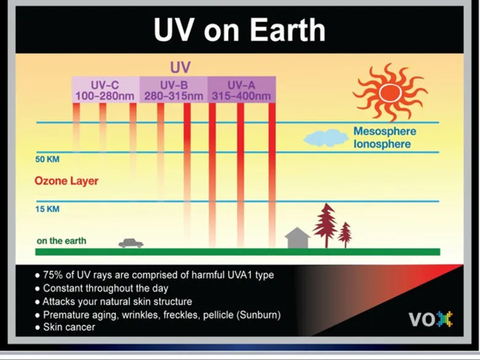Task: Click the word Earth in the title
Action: click(288, 30)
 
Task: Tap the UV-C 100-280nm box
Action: click(106, 89)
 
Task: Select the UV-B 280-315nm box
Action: click(174, 89)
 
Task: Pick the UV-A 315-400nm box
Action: click(242, 89)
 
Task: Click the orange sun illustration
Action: click(390, 92)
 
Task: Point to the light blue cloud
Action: click(326, 138)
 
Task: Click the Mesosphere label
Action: click(385, 131)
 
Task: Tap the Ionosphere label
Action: click(382, 144)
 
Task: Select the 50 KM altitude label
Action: click(47, 159)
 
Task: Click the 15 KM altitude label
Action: click(47, 209)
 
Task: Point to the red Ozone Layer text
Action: click(66, 181)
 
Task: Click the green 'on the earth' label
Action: click(61, 241)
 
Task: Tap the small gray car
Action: click(131, 243)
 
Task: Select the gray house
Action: click(297, 238)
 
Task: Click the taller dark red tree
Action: click(326, 225)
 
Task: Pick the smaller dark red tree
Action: click(345, 235)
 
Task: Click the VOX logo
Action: click(431, 319)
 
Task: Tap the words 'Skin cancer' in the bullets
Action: click(69, 327)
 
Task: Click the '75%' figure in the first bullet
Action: click(53, 275)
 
